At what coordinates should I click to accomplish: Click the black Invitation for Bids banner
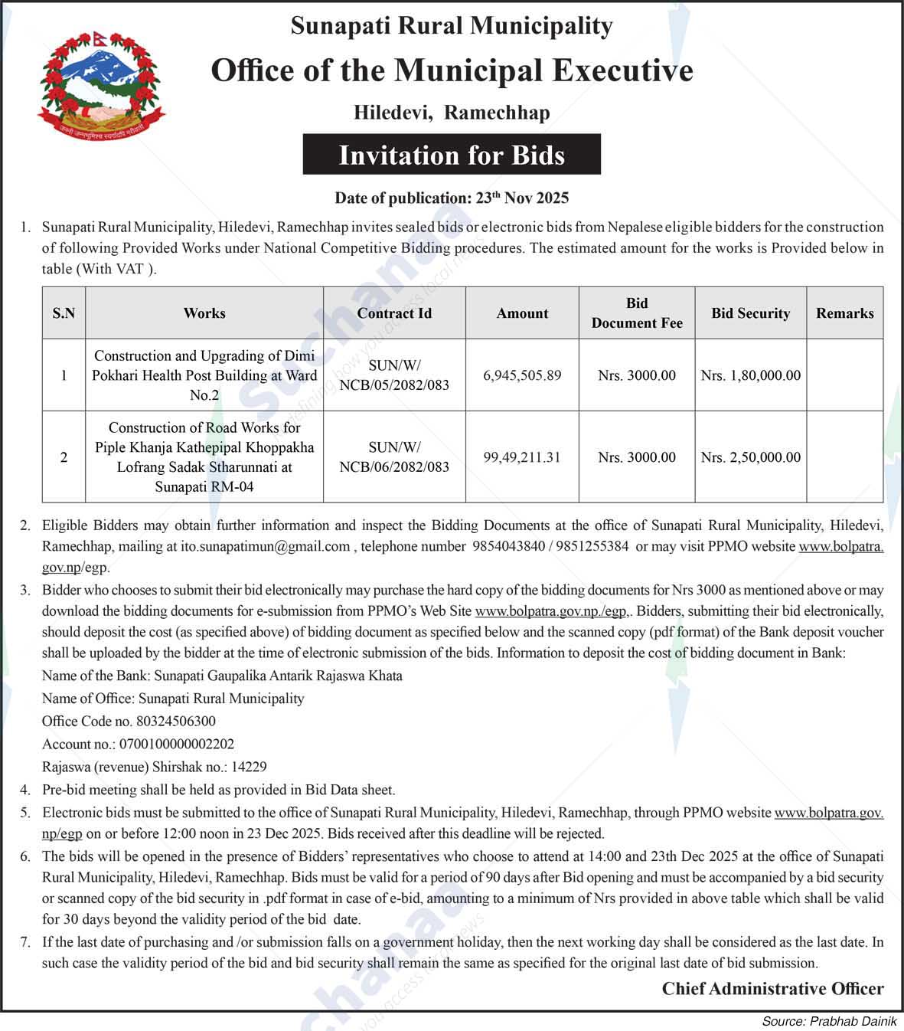coord(452,155)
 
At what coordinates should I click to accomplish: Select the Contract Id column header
coord(394,313)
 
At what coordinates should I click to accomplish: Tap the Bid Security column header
coord(750,313)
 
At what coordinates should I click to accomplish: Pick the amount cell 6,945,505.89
coord(522,375)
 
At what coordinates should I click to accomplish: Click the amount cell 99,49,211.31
coord(522,457)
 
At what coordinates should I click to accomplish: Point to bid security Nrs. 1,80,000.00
coord(750,375)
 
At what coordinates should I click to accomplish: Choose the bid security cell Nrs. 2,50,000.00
coord(750,457)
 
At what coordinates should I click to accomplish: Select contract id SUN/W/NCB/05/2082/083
coord(394,375)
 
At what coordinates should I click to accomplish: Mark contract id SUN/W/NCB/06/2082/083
coord(394,457)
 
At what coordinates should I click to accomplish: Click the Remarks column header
coord(844,313)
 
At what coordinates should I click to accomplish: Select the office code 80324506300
coord(176,721)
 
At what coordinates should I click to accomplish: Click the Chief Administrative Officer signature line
coord(772,989)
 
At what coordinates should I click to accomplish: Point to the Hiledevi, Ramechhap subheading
coord(452,113)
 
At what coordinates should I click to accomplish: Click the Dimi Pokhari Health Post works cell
coord(204,375)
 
